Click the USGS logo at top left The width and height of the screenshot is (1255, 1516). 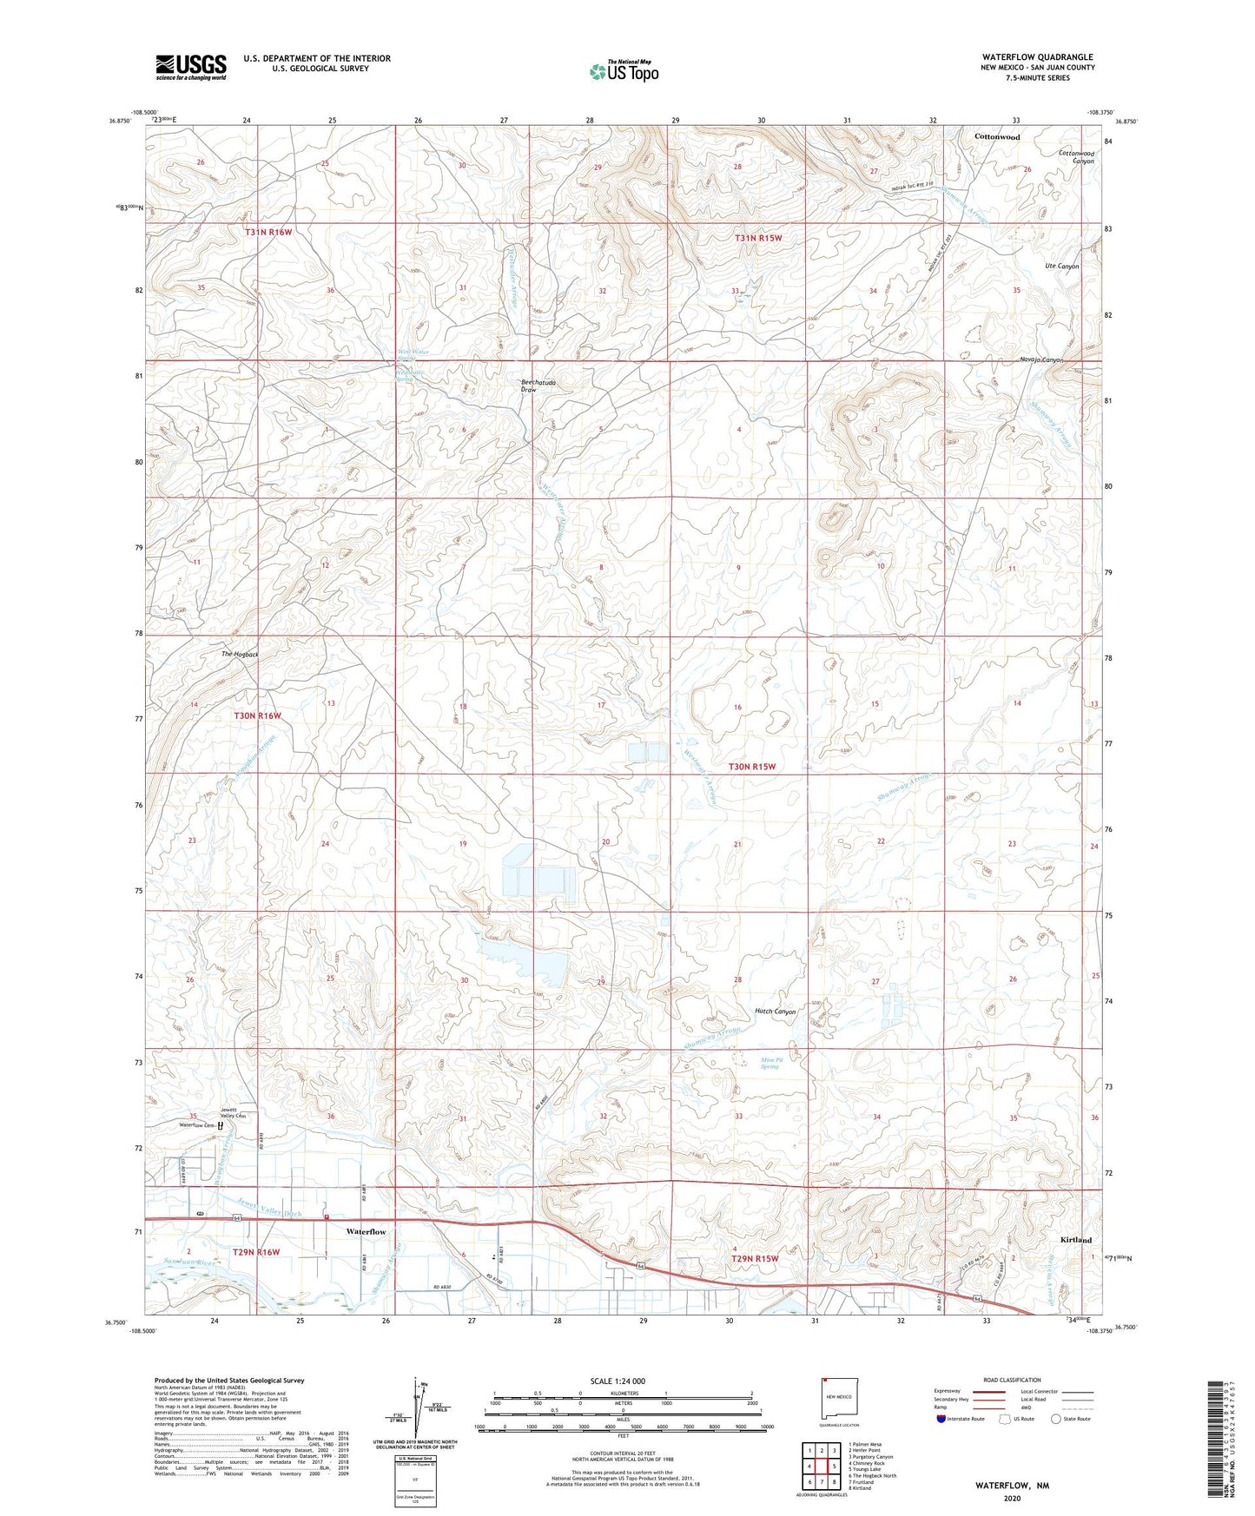[x=191, y=67]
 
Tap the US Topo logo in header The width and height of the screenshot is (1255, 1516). [x=624, y=71]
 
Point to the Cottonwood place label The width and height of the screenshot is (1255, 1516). [x=996, y=137]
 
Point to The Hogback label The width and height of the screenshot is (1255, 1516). [x=240, y=654]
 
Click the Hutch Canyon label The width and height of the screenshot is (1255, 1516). [x=775, y=1012]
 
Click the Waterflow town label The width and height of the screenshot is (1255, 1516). [x=366, y=1231]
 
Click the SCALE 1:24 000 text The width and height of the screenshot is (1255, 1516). [x=618, y=1381]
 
